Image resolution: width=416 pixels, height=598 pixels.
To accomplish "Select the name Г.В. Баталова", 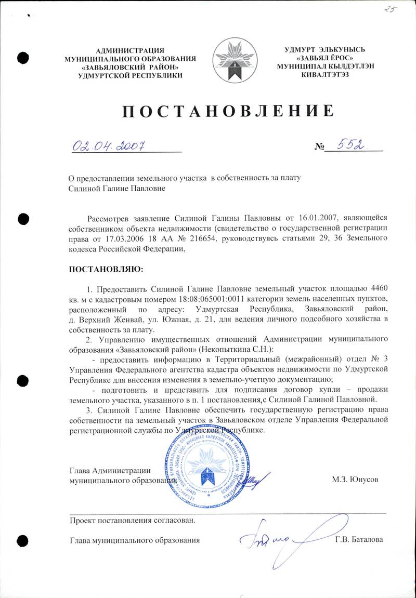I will [x=359, y=540].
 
